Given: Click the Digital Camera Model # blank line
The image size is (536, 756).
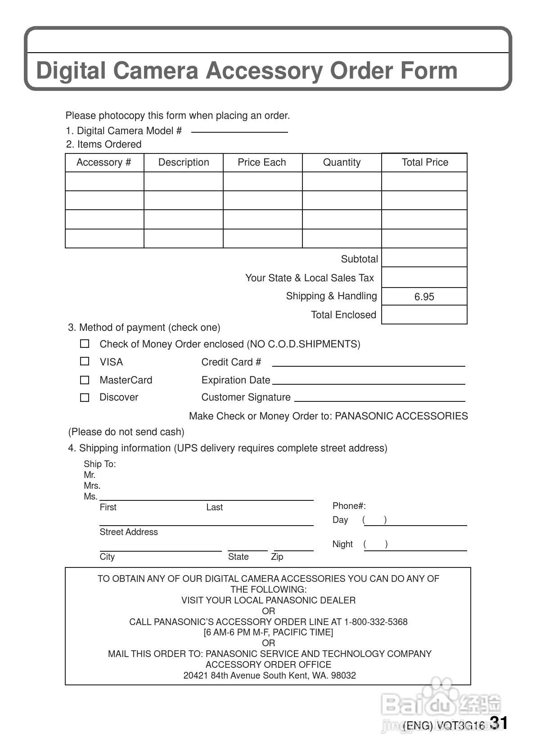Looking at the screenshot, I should point(239,131).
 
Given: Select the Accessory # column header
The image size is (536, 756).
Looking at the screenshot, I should point(104,162).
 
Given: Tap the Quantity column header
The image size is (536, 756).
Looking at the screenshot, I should point(342,162).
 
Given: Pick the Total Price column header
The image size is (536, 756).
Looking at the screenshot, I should point(424,162).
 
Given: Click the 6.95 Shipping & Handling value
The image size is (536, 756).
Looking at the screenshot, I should point(424,297).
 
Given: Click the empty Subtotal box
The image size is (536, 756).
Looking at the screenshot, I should point(424,258).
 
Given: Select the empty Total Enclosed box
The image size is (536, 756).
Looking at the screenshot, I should point(424,315).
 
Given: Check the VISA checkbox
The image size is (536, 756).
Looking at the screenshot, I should point(85,361).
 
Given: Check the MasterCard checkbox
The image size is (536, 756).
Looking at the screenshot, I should point(85,380).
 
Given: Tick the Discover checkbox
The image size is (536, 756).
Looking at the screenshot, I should point(85,398).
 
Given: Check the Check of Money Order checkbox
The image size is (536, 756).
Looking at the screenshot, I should point(85,344).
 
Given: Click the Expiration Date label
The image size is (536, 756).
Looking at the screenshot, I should point(236,380).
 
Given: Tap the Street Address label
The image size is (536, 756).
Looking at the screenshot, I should point(129,532).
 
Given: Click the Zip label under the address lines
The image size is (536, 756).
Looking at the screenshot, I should point(277,557).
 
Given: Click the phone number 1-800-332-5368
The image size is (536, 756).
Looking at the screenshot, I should point(376,622).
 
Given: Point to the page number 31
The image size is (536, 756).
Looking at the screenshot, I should point(499,723).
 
